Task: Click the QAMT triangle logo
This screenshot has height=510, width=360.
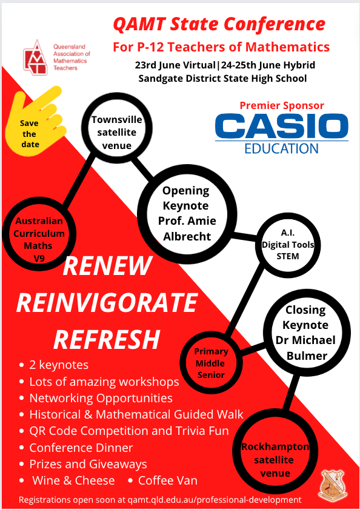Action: click(36, 58)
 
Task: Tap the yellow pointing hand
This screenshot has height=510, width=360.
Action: click(36, 121)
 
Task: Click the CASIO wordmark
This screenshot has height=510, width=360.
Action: click(282, 126)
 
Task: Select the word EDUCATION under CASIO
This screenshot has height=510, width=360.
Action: click(282, 148)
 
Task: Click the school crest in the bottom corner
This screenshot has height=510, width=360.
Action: click(332, 485)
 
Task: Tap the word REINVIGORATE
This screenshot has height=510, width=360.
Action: click(107, 302)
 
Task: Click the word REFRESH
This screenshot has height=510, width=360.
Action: click(107, 339)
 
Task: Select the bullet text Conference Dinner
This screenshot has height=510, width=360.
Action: click(81, 448)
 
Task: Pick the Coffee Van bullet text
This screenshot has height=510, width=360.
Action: click(168, 480)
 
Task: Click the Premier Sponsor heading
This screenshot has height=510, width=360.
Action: click(282, 105)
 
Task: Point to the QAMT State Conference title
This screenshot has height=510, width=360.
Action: click(219, 24)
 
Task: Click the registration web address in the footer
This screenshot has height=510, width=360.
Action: click(215, 500)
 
